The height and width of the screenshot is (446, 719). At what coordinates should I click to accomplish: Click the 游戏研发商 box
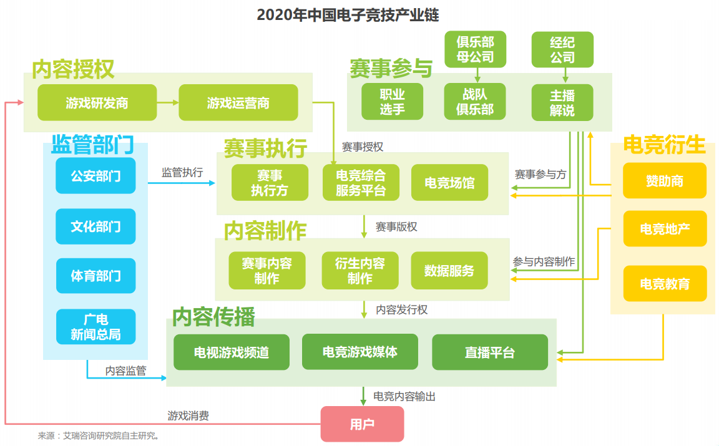point(97,103)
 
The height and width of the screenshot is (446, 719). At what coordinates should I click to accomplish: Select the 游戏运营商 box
point(238,103)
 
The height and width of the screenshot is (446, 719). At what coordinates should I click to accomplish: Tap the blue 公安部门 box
point(95,175)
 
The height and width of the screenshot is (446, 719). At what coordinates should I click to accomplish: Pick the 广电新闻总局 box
point(96,327)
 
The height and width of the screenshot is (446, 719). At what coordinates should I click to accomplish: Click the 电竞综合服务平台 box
point(361,182)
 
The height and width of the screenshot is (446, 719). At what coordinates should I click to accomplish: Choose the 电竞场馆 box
point(449,182)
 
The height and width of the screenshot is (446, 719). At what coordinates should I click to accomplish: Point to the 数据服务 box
point(449,271)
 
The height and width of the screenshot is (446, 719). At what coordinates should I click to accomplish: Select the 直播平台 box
point(490,352)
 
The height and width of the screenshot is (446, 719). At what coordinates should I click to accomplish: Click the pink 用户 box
point(362,424)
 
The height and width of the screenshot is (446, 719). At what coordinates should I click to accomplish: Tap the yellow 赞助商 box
point(665,181)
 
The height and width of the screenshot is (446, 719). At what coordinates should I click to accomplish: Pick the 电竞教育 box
point(665,284)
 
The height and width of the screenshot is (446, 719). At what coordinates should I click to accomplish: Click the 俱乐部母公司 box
point(476,49)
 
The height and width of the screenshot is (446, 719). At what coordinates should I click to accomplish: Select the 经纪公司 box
point(562,49)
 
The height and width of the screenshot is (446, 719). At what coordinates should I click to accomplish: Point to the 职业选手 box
point(392,102)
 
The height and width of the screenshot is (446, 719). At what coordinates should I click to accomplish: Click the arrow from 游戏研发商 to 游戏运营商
point(168,103)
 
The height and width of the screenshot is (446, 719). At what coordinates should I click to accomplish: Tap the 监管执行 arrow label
point(182,172)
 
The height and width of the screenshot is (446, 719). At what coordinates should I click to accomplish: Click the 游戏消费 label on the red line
point(188,416)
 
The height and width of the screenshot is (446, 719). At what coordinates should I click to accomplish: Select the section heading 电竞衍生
point(665,145)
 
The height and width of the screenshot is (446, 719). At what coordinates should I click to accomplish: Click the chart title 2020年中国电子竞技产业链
point(348,15)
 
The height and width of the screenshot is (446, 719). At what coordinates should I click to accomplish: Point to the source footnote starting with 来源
point(98,436)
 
